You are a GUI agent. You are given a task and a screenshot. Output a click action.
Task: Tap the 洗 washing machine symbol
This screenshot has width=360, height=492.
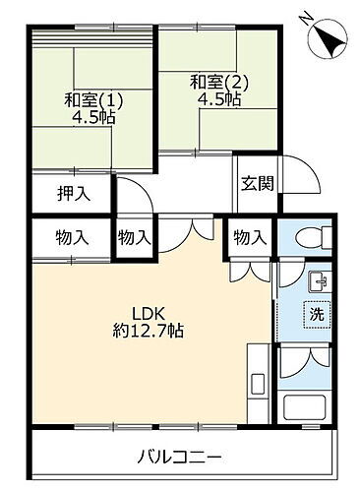coord(316,317)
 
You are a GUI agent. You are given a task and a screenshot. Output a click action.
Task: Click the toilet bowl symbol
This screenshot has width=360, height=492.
coord(307,238)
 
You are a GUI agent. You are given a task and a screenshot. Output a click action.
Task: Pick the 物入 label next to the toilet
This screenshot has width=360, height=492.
coord(250,237)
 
